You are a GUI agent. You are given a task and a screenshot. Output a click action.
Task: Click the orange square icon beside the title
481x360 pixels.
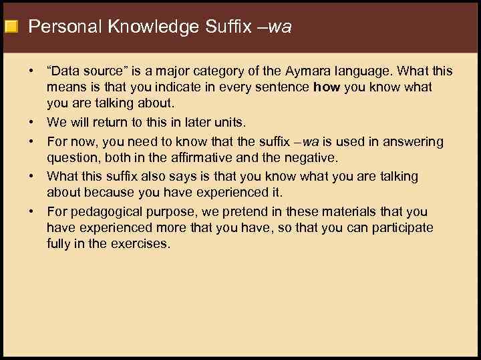click(11, 27)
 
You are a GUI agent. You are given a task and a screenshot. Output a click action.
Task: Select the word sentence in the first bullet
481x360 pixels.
click(285, 87)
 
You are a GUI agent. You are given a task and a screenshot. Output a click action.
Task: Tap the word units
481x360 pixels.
click(228, 122)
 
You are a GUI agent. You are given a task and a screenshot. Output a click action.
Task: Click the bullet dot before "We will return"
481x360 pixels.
click(32, 122)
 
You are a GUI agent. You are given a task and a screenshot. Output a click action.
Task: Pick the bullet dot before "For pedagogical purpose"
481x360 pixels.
click(32, 212)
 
